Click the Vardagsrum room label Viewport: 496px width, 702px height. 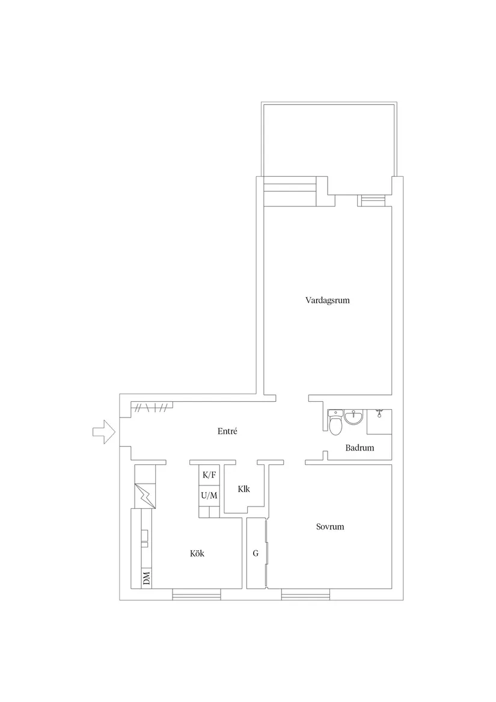327,300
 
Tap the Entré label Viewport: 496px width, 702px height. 227,431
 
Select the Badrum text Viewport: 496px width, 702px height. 360,448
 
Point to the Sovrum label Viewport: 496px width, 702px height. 330,526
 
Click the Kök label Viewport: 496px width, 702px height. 197,553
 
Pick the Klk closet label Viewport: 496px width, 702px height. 244,489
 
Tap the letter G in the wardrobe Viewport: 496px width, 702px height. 256,553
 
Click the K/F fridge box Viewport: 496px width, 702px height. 209,475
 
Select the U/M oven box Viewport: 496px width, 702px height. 209,495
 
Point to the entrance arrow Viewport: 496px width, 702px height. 104,432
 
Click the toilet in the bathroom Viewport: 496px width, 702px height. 334,423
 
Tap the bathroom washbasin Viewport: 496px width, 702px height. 355,417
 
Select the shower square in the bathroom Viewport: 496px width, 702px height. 379,422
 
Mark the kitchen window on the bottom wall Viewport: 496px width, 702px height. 197,594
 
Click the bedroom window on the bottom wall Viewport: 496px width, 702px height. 306,594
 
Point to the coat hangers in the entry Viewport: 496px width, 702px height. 152,407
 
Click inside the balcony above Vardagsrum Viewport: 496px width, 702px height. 329,143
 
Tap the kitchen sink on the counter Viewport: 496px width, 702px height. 145,538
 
